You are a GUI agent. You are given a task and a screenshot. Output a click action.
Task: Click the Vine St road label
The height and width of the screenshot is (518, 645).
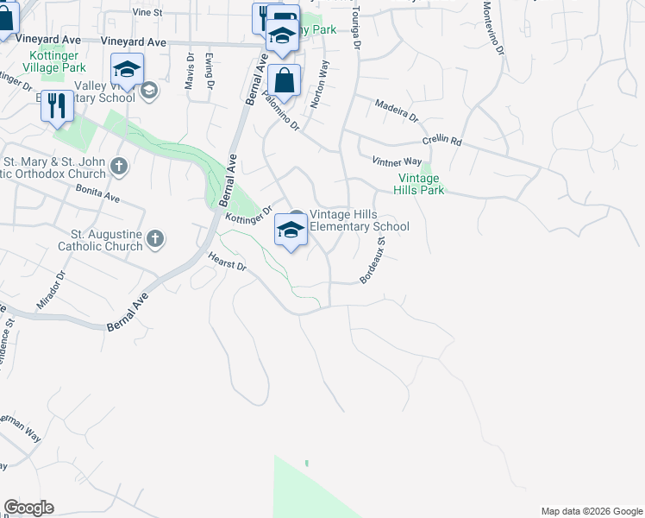tap(147, 13)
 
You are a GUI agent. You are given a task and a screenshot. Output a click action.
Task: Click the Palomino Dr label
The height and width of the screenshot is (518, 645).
tap(282, 112)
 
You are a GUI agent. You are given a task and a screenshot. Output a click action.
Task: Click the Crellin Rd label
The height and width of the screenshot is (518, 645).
tap(442, 141)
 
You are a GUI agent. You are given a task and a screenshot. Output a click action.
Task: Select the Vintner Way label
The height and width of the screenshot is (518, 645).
tap(397, 161)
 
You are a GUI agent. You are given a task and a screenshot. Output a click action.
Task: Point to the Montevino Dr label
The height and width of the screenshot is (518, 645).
tap(492, 27)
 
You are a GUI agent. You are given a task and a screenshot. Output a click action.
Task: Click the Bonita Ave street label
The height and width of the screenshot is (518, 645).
tap(97, 193)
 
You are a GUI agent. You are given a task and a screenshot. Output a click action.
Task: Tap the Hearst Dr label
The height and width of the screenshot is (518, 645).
tap(228, 262)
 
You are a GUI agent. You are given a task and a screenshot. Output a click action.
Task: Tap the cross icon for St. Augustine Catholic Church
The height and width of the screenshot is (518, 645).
tap(155, 238)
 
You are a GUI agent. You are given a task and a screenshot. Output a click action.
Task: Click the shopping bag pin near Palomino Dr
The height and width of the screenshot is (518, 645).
tap(284, 81)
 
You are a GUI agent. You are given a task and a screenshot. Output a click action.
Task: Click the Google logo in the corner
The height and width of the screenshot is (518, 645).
tap(28, 508)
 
